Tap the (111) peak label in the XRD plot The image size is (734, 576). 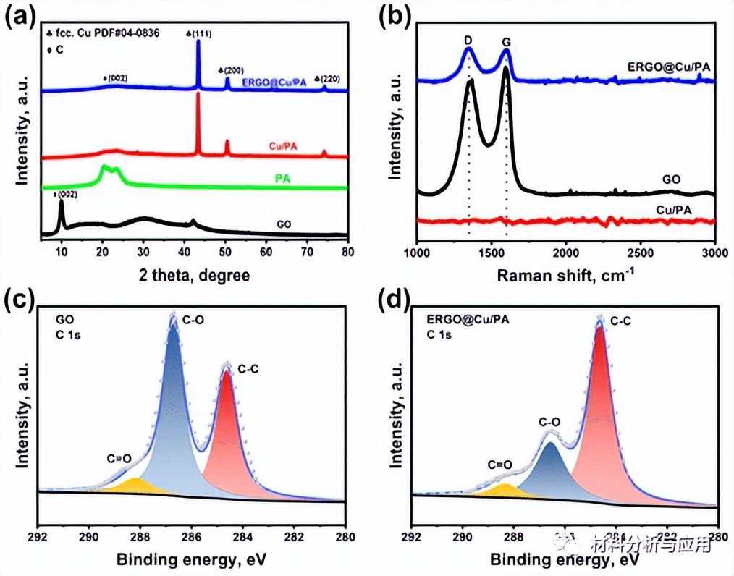(x=199, y=33)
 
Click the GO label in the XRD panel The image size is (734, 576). (x=284, y=225)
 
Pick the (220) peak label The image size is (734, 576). (x=326, y=79)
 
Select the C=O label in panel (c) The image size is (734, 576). (x=119, y=457)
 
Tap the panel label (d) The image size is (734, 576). (x=399, y=300)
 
